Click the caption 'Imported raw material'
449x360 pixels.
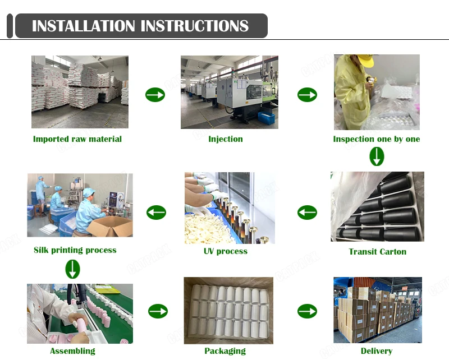(x=77, y=139)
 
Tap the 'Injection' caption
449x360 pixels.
(x=226, y=139)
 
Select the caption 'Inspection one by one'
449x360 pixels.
(x=376, y=139)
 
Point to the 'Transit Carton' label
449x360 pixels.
(x=377, y=251)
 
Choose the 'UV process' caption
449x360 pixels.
(x=225, y=251)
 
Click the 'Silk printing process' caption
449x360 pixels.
(x=75, y=250)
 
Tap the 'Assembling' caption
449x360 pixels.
(x=72, y=351)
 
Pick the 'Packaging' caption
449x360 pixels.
(x=225, y=351)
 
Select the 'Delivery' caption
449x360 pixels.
(x=376, y=351)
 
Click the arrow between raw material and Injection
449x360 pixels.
(x=155, y=95)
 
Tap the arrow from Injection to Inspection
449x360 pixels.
(x=307, y=95)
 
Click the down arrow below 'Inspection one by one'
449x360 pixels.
(x=377, y=156)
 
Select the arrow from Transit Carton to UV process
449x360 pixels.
(x=307, y=213)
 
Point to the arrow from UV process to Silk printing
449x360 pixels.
(x=156, y=213)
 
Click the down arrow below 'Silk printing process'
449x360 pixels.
(x=72, y=269)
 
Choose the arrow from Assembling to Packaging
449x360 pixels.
(x=158, y=311)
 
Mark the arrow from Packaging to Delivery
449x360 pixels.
(x=307, y=311)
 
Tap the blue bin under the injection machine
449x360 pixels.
(x=266, y=118)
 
